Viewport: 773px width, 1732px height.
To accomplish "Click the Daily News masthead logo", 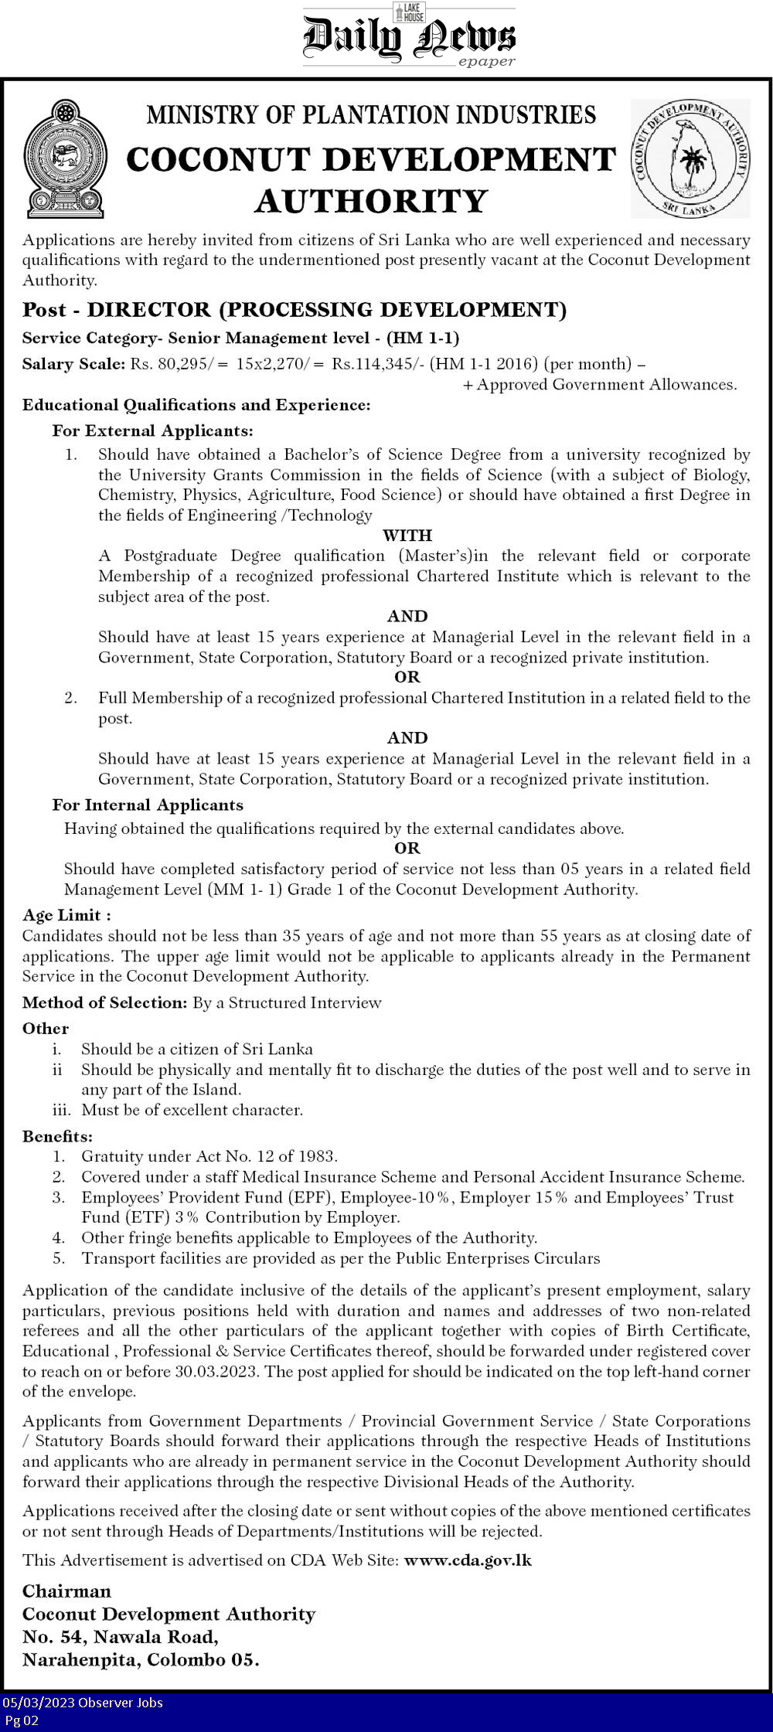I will tap(408, 37).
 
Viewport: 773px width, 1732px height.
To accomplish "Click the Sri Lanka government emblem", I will tap(64, 158).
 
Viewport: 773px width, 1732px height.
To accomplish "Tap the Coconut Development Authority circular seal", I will tap(690, 158).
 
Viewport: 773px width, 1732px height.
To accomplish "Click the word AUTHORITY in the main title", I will tap(371, 202).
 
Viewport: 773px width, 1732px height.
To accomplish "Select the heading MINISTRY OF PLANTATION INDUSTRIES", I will tap(371, 115).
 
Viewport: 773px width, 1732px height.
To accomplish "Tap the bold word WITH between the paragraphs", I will tap(407, 536).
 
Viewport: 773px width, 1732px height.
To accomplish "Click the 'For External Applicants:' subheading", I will tap(152, 430).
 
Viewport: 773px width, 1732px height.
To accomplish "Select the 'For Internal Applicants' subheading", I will tap(148, 805).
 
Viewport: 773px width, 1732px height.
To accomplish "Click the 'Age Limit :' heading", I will tap(66, 915).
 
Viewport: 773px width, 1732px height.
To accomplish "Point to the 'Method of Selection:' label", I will tap(105, 1002).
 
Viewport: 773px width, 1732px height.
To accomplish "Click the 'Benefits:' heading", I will tap(57, 1136).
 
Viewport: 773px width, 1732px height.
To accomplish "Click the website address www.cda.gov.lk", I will tap(468, 1560).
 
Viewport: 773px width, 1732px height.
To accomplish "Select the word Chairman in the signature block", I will tap(66, 1591).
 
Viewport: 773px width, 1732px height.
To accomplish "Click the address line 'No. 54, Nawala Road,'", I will tap(121, 1636).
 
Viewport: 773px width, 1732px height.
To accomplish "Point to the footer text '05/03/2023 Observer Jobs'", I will tap(82, 1702).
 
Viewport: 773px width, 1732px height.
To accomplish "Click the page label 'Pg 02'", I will tap(22, 1720).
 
